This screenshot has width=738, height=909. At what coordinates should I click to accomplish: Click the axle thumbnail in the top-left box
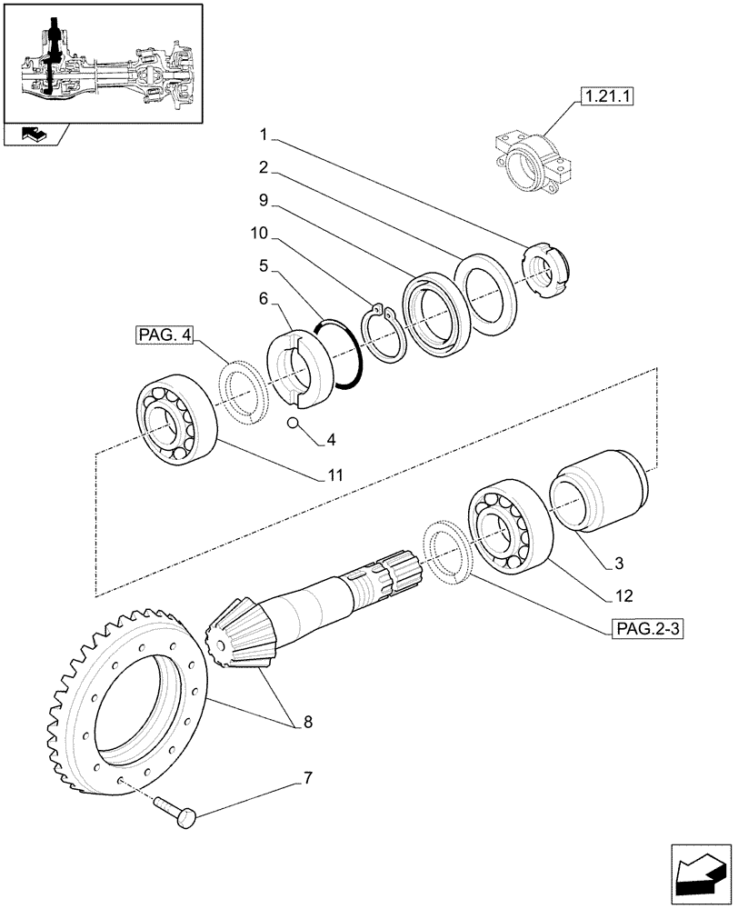pos(102,62)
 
